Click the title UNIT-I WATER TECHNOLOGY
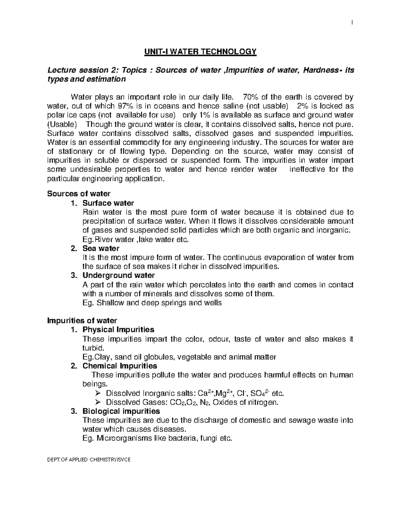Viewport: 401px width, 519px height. tap(200, 51)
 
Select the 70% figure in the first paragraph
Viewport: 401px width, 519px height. tap(251, 97)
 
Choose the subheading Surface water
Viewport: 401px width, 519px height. tap(108, 203)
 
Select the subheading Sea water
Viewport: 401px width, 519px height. tap(101, 248)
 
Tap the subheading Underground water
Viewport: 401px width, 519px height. tap(119, 275)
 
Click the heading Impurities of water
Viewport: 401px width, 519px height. tap(82, 321)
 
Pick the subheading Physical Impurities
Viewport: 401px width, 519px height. tap(118, 330)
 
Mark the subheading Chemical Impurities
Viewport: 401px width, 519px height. tap(120, 366)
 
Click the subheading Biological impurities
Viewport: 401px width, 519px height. tap(121, 411)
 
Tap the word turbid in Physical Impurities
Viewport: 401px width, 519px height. tap(91, 348)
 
